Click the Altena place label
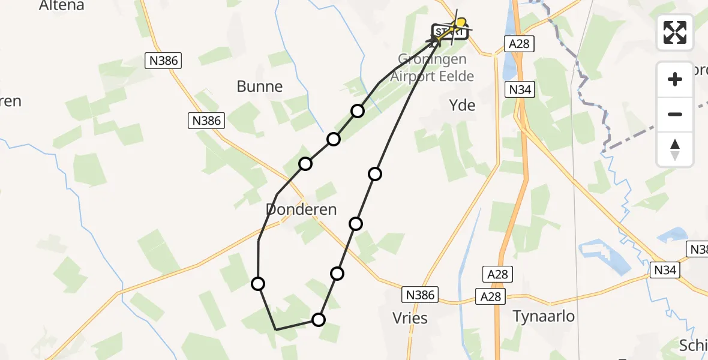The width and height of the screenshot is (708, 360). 61,6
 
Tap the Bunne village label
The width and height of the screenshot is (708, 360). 260,86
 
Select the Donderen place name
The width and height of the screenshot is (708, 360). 302,210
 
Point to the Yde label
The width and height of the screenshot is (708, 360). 462,106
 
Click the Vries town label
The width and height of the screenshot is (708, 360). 411,318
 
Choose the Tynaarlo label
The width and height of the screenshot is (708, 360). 544,316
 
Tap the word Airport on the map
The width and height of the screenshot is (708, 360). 412,76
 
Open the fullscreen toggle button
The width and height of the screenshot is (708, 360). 675,32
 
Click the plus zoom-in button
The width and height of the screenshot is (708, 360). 675,79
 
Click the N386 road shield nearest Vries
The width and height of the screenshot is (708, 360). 420,295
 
